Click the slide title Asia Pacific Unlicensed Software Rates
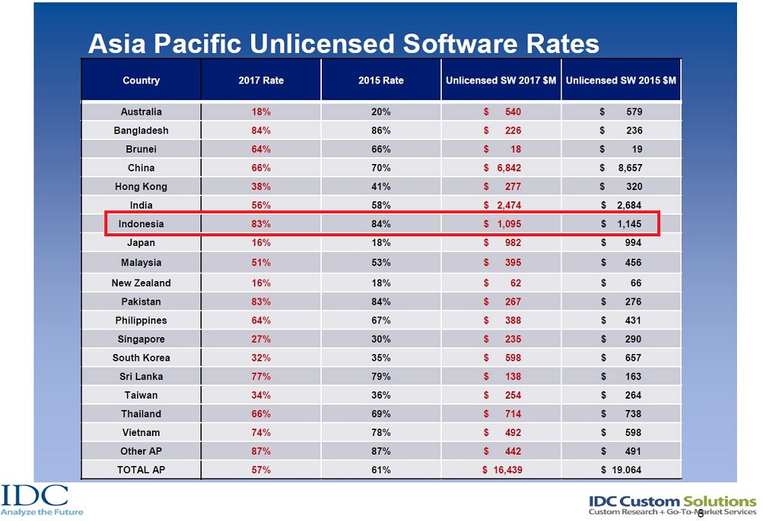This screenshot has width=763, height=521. point(343,44)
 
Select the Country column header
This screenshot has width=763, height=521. point(141,80)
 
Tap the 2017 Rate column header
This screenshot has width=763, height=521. point(261,80)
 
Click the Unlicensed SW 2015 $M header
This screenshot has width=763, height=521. point(621,80)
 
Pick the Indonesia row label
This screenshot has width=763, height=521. point(141,224)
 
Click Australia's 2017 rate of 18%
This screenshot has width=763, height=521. point(261,112)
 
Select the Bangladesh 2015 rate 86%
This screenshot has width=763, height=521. point(381,130)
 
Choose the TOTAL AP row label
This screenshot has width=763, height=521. point(141,470)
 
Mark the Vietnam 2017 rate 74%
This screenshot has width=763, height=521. point(261,432)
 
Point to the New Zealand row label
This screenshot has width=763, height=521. point(141,283)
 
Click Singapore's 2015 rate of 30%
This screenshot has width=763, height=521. point(381,339)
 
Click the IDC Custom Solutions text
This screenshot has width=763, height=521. point(672,501)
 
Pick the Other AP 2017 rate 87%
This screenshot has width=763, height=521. point(261,451)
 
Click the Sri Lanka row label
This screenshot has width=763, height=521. point(141,376)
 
